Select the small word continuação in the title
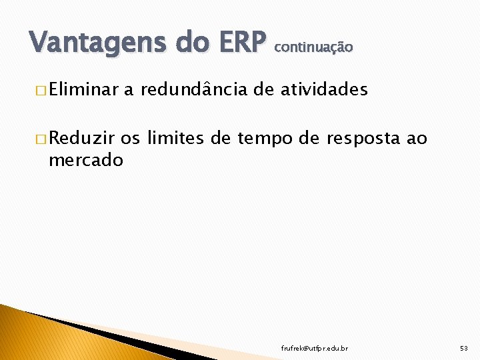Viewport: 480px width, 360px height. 313,47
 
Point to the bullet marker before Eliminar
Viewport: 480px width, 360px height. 42,90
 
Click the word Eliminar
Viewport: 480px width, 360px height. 83,89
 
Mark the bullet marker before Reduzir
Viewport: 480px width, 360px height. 42,139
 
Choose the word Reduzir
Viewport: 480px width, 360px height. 82,139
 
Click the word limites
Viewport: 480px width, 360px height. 175,139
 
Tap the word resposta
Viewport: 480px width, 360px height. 364,139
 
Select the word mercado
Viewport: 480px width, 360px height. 85,160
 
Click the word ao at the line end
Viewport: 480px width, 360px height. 417,139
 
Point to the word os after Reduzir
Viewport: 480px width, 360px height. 131,139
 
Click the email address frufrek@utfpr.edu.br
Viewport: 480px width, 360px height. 314,348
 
